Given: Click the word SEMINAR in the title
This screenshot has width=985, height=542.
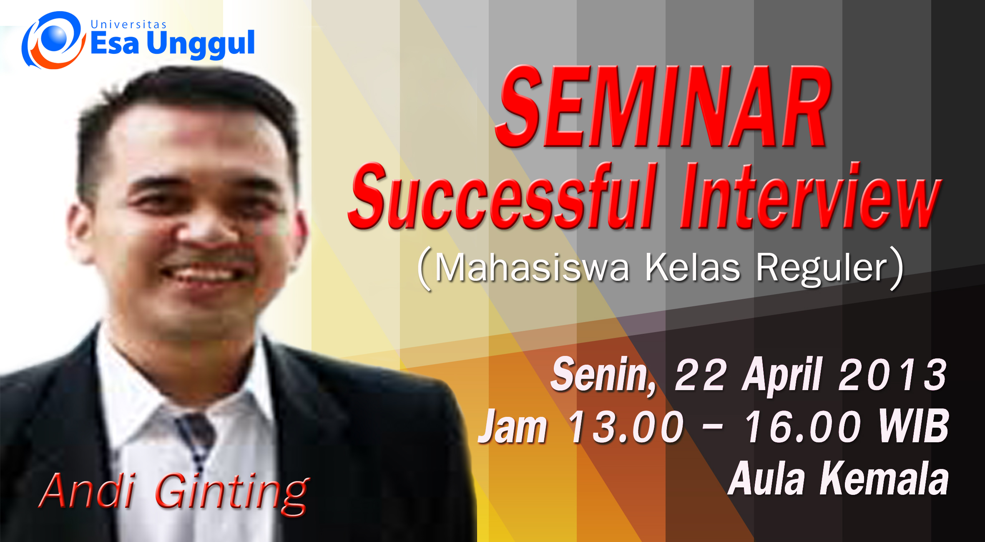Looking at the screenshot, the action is click(663, 106).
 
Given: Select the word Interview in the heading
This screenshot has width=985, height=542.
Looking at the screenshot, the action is click(811, 196).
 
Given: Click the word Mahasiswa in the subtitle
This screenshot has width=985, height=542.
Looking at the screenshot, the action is click(532, 268).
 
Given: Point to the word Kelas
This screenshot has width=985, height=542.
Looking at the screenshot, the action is click(692, 268).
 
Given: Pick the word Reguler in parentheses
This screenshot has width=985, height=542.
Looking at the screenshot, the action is click(822, 269).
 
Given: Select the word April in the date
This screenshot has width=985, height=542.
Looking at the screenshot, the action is click(782, 376).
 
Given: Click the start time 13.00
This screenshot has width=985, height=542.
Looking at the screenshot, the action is click(625, 426).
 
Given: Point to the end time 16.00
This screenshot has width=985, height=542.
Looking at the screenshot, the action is click(802, 426).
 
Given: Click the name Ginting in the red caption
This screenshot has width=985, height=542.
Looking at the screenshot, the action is click(232, 492).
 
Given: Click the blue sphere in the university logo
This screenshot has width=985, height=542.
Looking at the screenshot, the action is click(55, 37).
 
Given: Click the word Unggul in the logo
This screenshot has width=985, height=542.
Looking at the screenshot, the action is click(201, 44).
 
